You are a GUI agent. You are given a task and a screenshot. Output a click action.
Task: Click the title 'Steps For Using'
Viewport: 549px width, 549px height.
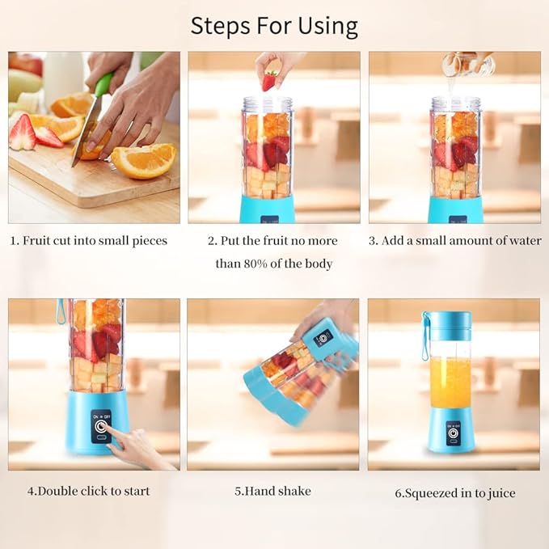coord(274,26)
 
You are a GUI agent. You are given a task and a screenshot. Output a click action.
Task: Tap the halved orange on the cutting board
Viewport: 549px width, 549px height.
coord(144,159)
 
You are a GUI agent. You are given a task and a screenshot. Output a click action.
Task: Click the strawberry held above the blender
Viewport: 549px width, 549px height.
coord(270,80)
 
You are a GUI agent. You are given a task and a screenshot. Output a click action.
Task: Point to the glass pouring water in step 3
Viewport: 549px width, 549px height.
coord(458,64)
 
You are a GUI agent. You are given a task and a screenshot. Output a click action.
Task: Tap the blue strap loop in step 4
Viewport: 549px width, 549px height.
coord(61,311)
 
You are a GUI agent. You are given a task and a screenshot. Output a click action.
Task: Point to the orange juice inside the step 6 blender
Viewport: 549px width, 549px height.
coord(450,382)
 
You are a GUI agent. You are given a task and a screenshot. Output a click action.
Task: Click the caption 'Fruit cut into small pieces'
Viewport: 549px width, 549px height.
coord(89,241)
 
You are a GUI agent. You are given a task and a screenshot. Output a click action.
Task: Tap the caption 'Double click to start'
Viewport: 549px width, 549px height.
coord(89,491)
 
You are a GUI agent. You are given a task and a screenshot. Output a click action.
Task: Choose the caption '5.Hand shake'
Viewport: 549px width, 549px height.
coord(272,491)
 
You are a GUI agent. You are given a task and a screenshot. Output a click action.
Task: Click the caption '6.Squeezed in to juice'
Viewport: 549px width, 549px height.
coord(455,492)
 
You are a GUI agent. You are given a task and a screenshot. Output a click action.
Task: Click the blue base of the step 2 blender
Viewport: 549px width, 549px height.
coord(268,210)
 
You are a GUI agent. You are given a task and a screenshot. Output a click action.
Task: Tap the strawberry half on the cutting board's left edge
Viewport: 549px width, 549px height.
coord(21,133)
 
